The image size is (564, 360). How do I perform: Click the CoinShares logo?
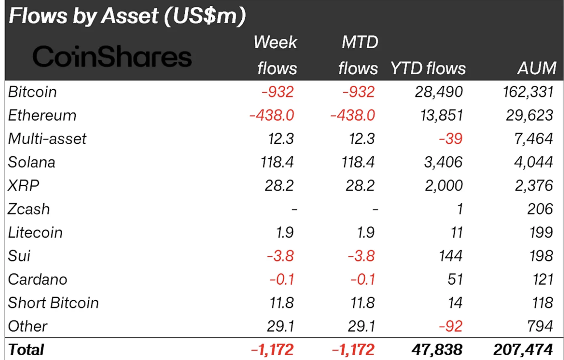(x=112, y=57)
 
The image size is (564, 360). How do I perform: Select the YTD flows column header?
(x=428, y=68)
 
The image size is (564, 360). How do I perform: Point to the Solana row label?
(x=32, y=162)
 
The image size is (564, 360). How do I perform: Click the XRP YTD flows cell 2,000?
(x=443, y=186)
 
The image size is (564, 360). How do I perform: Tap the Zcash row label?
(x=29, y=209)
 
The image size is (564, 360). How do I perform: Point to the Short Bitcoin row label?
(x=54, y=303)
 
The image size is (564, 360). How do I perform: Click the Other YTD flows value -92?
(x=451, y=327)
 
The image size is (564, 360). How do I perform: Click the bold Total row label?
(x=26, y=350)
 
